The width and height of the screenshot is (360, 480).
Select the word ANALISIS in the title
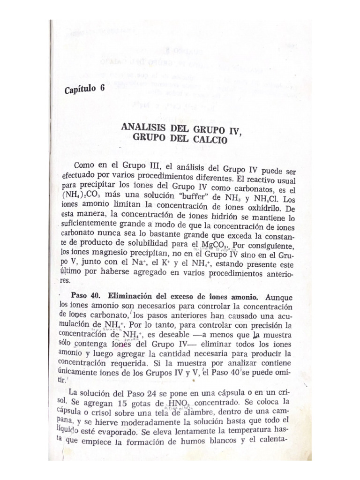[142, 127]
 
